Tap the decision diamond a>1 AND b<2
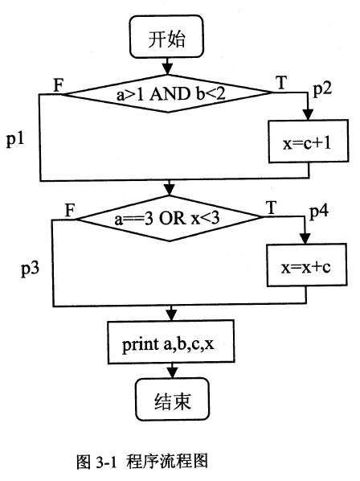click(167, 94)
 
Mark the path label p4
click(319, 214)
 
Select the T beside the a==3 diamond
click(270, 208)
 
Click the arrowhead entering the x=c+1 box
click(306, 113)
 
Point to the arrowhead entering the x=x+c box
click(306, 240)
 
